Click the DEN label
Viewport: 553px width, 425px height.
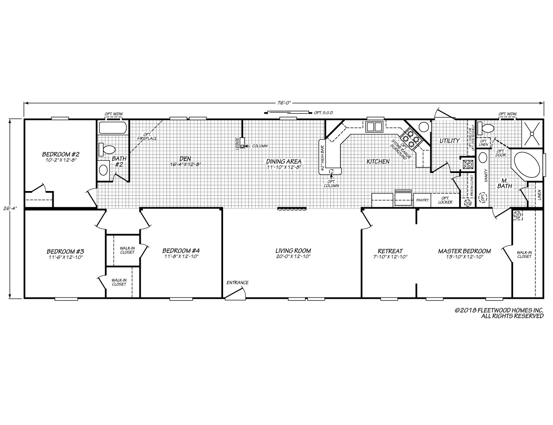(185, 158)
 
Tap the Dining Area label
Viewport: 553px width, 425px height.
(284, 161)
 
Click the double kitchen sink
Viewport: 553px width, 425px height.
(374, 127)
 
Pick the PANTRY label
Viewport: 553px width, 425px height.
(422, 200)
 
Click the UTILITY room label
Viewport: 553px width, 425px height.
(449, 141)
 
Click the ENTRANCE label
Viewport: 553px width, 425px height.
(238, 282)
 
